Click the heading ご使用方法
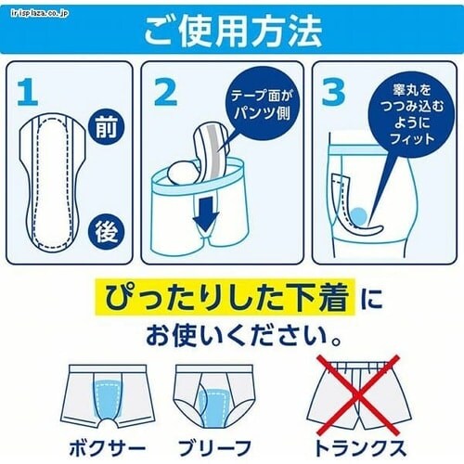click(234, 32)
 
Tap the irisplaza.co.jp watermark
click(39, 14)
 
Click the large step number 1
click(28, 92)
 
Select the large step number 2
click(166, 92)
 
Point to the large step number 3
click(333, 91)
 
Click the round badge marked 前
click(107, 127)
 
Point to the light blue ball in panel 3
click(359, 215)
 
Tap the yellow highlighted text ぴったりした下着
click(226, 297)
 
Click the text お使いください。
click(244, 335)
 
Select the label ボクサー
click(107, 448)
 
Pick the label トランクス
click(359, 447)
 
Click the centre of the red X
click(358, 395)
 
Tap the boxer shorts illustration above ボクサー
click(108, 397)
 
